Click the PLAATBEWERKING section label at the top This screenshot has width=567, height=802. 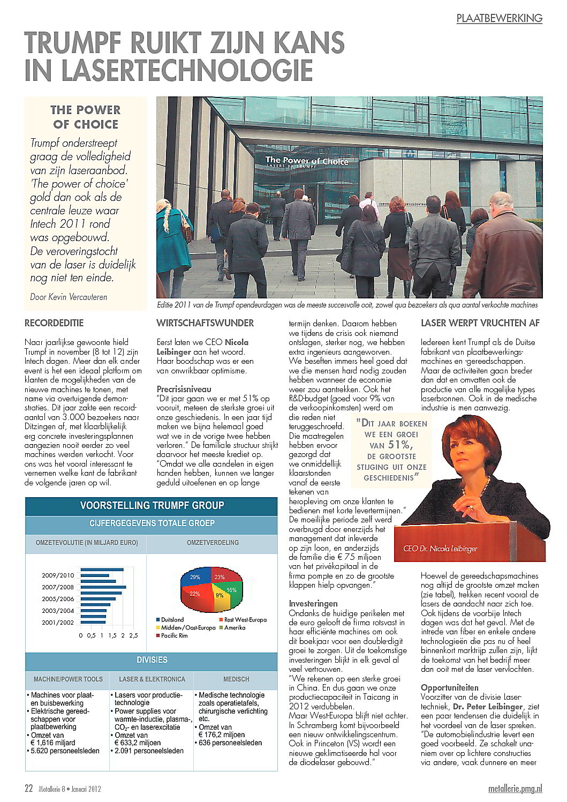click(499, 18)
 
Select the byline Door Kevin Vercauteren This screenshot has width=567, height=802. click(69, 297)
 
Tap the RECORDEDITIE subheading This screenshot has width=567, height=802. click(54, 323)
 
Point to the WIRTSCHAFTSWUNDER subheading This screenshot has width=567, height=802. click(205, 323)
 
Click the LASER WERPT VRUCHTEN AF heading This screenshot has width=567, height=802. click(480, 323)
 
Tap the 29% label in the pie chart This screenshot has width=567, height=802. click(195, 577)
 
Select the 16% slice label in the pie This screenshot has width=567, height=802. click(231, 590)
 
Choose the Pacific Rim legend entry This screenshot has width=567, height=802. click(174, 635)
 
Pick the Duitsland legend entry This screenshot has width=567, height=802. click(172, 620)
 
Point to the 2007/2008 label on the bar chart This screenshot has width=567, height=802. click(58, 587)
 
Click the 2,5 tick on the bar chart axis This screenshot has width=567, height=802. click(133, 635)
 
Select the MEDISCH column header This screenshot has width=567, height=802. click(236, 679)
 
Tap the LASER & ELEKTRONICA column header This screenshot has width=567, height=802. click(152, 679)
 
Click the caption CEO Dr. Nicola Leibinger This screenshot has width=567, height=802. click(440, 549)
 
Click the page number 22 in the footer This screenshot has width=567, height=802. click(29, 789)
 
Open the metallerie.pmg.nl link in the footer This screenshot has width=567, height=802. click(515, 789)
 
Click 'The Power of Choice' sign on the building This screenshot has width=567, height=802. click(307, 160)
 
